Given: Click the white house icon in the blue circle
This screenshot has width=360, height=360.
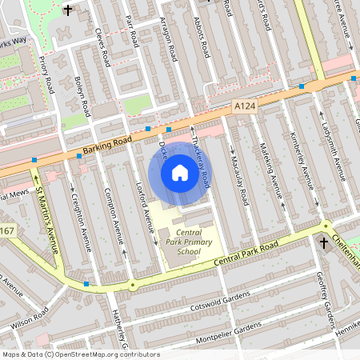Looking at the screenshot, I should point(180,172).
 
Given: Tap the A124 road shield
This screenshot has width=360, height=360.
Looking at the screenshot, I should point(245,106).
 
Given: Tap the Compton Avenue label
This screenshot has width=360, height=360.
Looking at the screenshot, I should point(113,218).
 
